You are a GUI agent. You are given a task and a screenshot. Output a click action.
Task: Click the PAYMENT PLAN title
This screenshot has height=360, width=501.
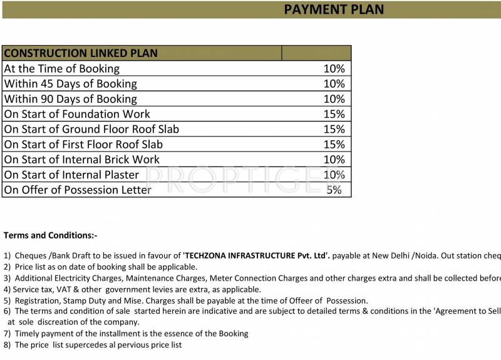(x=334, y=9)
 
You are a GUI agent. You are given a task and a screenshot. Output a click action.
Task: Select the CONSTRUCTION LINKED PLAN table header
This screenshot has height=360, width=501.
(x=81, y=53)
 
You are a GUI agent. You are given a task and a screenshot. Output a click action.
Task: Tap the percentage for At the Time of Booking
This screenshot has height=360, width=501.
(x=334, y=69)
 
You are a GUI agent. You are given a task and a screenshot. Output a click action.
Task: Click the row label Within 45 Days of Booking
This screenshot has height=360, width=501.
(x=70, y=84)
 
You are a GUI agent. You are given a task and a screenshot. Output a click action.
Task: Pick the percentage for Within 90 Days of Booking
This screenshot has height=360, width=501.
(x=334, y=99)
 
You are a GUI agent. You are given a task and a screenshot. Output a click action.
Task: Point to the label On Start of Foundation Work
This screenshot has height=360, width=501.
(x=77, y=114)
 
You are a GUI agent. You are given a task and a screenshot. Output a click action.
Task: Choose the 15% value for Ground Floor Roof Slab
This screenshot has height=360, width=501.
(x=334, y=129)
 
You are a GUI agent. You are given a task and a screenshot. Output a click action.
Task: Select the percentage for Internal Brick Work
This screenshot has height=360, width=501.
(x=334, y=160)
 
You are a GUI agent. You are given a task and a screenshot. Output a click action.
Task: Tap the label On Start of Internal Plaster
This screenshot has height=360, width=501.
(x=71, y=175)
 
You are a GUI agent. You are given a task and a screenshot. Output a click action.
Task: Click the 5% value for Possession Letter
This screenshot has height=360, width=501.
(x=334, y=190)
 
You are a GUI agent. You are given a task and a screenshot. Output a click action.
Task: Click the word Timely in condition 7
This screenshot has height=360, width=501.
(x=27, y=333)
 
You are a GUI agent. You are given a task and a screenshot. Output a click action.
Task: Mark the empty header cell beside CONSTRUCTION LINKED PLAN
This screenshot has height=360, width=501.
(x=316, y=53)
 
